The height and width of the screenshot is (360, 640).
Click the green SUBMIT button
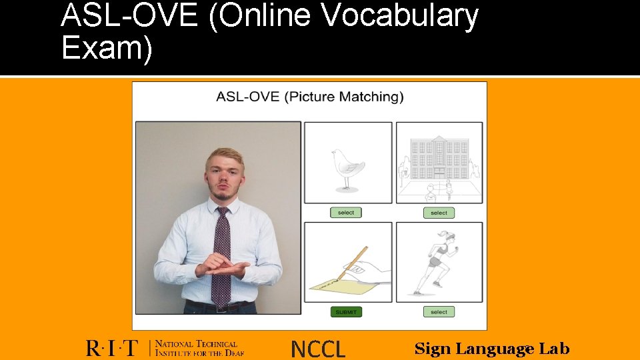tap(346, 311)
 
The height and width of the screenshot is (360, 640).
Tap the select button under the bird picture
tap(346, 213)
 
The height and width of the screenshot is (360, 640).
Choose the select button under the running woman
tap(439, 311)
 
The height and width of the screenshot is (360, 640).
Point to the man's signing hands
tap(223, 267)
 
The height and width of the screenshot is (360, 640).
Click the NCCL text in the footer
tap(319, 349)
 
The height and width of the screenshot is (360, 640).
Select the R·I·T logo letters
tap(112, 348)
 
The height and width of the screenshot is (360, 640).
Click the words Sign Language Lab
tap(492, 349)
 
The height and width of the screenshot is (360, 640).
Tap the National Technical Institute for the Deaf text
tap(197, 348)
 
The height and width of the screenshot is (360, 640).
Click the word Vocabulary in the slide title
tap(400, 16)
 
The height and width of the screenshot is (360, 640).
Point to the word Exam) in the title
tap(107, 49)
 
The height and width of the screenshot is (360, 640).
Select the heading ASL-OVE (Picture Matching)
tap(310, 97)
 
